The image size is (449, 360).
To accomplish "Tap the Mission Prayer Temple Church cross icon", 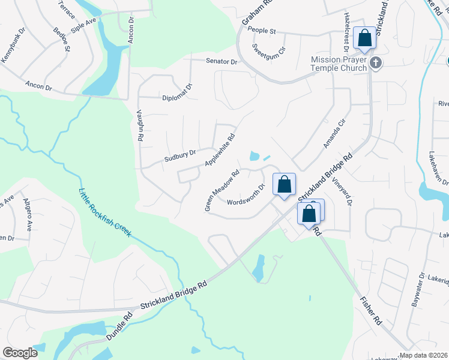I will pos(376,63).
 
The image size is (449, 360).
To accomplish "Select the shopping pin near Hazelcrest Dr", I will pos(364,38).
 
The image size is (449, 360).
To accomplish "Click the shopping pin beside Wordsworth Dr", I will pos(285,184).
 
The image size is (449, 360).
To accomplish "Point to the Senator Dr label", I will pos(222,62).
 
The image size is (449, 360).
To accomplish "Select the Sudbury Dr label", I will pos(180,156).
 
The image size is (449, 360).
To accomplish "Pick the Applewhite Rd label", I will pos(220,150).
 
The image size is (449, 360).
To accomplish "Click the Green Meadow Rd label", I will pos(222,190).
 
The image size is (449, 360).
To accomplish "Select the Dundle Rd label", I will pos(119,327).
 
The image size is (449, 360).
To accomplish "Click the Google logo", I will pos(20,353).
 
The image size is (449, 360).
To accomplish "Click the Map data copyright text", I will pos(424,355).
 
